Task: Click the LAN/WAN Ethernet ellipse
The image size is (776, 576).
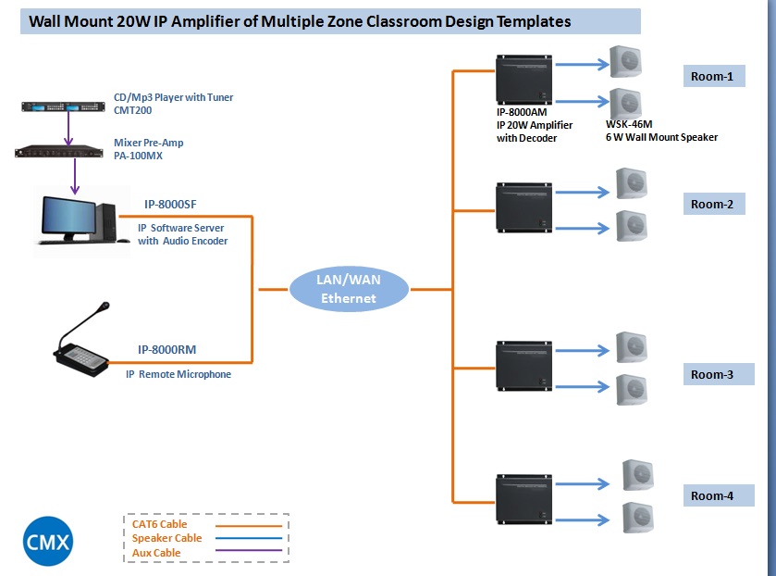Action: (349, 289)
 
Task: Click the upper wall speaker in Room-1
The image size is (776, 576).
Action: (625, 63)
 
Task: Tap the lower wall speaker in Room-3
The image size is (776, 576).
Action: (632, 389)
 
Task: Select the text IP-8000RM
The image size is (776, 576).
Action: (166, 350)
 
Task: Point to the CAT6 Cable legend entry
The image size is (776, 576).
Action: (159, 524)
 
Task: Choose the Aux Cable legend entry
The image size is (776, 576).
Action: (156, 553)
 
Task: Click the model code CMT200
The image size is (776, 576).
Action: (132, 110)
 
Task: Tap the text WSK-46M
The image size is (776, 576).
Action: (629, 124)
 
